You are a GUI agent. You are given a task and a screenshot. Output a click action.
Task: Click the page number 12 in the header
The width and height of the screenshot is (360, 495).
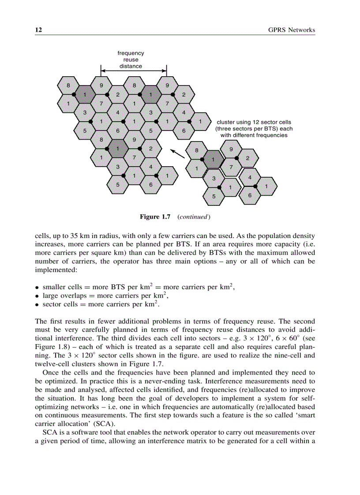pos(38,30)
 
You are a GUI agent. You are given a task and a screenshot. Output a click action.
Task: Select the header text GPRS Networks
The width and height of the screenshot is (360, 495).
pos(292,30)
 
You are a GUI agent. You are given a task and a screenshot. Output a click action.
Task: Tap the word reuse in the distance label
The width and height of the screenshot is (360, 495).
pos(131,60)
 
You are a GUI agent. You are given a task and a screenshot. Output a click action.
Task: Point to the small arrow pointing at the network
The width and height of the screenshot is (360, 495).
pos(177,153)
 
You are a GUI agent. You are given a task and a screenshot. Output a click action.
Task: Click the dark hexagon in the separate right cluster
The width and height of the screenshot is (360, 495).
pos(214,159)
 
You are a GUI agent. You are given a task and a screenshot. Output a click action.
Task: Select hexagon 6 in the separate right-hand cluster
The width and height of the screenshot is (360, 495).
pos(250,195)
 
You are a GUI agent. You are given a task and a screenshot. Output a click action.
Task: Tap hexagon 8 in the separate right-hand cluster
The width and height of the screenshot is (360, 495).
pos(197,150)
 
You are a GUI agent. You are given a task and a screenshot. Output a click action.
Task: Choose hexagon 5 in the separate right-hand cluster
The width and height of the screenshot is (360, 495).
pos(214,196)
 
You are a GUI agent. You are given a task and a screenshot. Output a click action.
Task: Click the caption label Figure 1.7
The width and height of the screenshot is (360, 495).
pos(155,217)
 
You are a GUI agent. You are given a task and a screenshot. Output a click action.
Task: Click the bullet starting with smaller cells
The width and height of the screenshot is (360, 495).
pos(138,287)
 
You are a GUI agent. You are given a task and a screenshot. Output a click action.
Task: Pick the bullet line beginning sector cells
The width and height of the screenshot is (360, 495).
pos(100,304)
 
